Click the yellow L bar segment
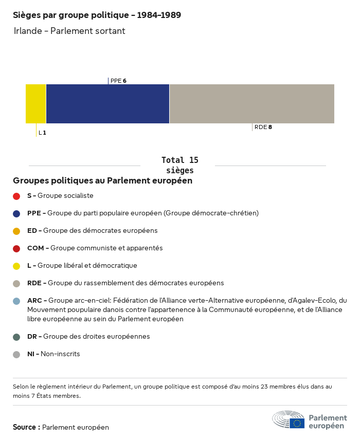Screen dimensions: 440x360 36,104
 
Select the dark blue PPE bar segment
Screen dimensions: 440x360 107,104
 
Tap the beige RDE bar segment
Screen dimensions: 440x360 251,104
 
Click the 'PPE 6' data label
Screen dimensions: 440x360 118,81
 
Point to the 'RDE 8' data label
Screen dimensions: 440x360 263,127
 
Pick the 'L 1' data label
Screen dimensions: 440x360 42,133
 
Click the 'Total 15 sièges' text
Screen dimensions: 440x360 179,165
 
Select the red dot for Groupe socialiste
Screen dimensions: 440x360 16,196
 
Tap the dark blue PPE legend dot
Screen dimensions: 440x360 16,213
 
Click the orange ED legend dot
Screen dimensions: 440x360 16,231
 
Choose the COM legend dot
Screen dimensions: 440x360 16,248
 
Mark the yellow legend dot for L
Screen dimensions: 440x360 16,266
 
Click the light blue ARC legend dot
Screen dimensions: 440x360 16,301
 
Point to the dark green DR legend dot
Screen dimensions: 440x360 16,337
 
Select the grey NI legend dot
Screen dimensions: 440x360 16,354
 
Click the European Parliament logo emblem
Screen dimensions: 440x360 289,420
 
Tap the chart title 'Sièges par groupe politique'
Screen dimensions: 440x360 97,15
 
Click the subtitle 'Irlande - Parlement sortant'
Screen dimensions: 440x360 69,31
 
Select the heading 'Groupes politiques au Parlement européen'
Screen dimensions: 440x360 102,180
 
